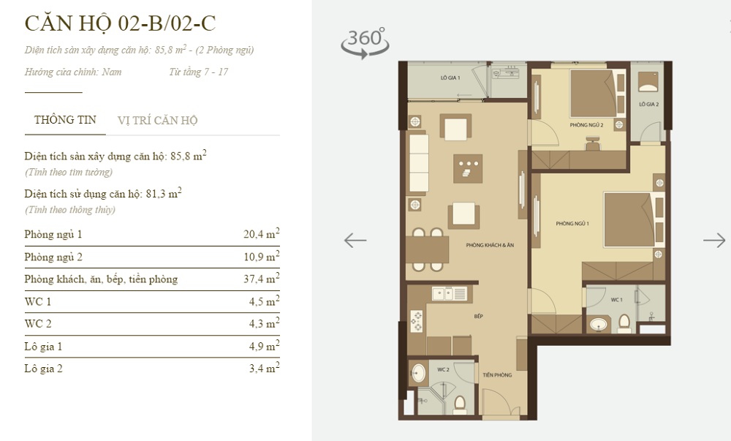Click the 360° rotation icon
point(365,42)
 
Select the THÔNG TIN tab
point(65,120)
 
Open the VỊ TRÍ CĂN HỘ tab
point(158,120)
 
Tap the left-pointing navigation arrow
point(355,241)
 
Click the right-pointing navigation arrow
point(714,241)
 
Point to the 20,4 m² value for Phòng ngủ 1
point(262,233)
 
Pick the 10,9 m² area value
point(262,256)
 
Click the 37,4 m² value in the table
point(262,279)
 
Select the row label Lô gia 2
point(43,369)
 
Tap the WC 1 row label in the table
point(38,301)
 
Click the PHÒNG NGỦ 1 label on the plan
point(572,224)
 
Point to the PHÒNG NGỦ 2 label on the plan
point(586,125)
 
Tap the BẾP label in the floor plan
point(478,316)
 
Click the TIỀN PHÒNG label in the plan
point(497,374)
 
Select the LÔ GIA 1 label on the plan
point(450,78)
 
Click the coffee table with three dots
point(468,168)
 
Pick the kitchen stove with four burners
point(417,321)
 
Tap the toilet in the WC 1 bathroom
point(624,323)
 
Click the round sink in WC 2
point(417,372)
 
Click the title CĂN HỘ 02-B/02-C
point(121,23)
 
